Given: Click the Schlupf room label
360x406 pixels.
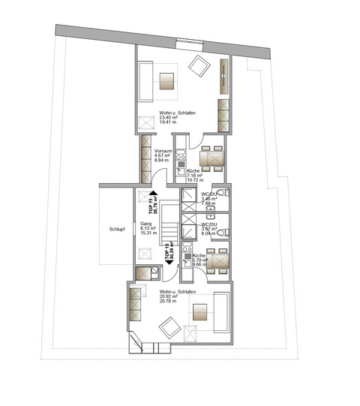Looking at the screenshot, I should (117, 230).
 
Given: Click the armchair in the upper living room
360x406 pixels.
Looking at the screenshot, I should (198, 66).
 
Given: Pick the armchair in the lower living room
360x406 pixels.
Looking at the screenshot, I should (169, 326).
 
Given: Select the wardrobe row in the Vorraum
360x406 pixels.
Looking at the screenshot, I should (145, 158).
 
